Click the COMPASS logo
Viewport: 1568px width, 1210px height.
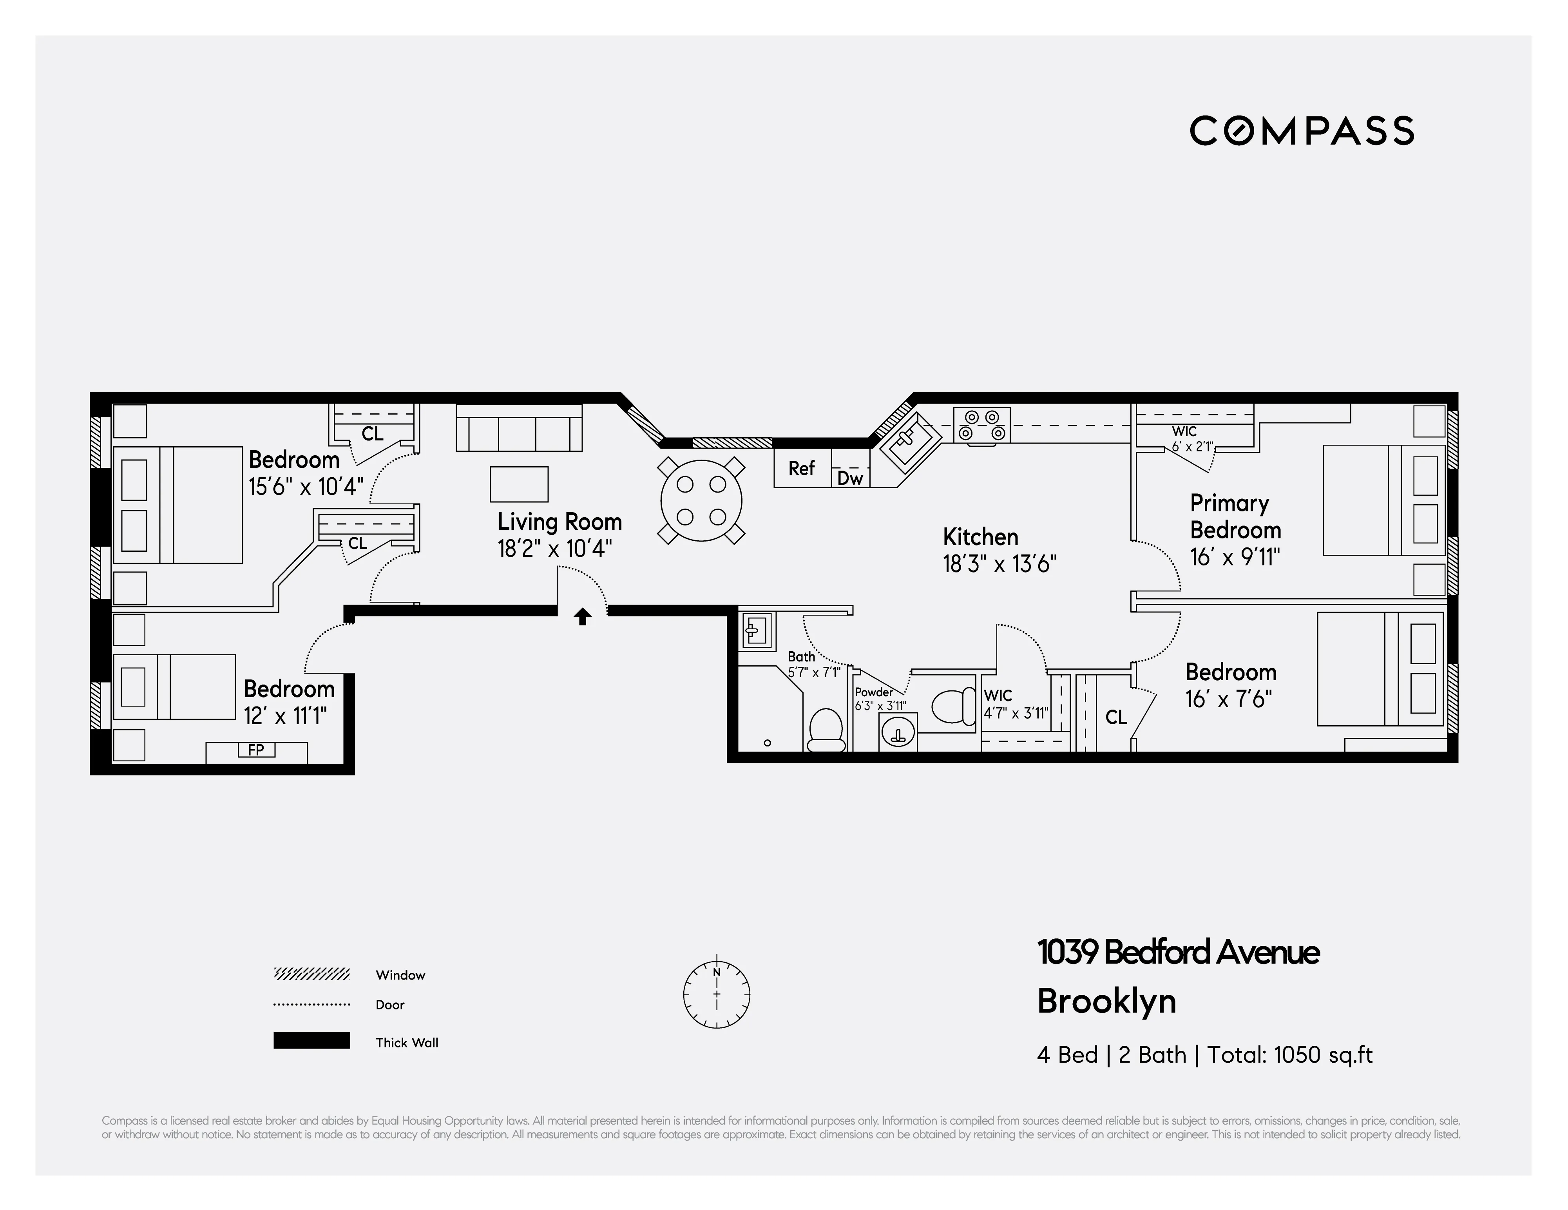pyautogui.click(x=1302, y=131)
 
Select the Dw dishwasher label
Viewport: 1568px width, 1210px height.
pyautogui.click(x=850, y=478)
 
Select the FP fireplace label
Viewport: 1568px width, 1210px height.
pyautogui.click(x=256, y=750)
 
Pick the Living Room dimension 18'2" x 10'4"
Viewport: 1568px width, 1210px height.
pyautogui.click(x=554, y=549)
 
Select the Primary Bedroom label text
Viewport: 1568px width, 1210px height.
pyautogui.click(x=1235, y=516)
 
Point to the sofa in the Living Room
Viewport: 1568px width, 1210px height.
pyautogui.click(x=518, y=429)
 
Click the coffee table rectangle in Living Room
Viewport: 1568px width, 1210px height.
pyautogui.click(x=518, y=484)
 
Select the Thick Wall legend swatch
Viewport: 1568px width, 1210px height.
pyautogui.click(x=311, y=1040)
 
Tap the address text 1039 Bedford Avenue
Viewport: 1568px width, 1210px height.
pyautogui.click(x=1177, y=952)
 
